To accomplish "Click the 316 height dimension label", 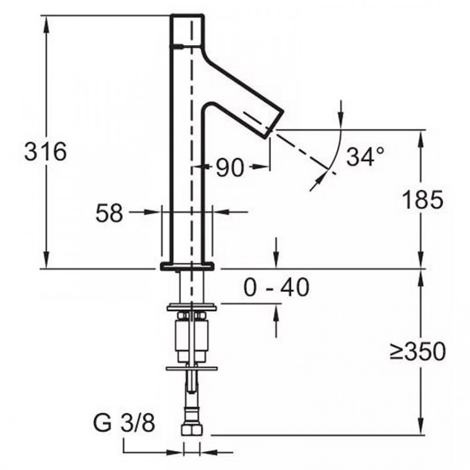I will coord(45,152).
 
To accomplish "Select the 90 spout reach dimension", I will coord(229,167).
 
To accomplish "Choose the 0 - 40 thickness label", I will coord(276,288).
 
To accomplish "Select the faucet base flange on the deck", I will coord(189,266).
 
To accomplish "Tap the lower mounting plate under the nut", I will coord(192,367).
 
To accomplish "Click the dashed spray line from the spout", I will coord(301,148).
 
